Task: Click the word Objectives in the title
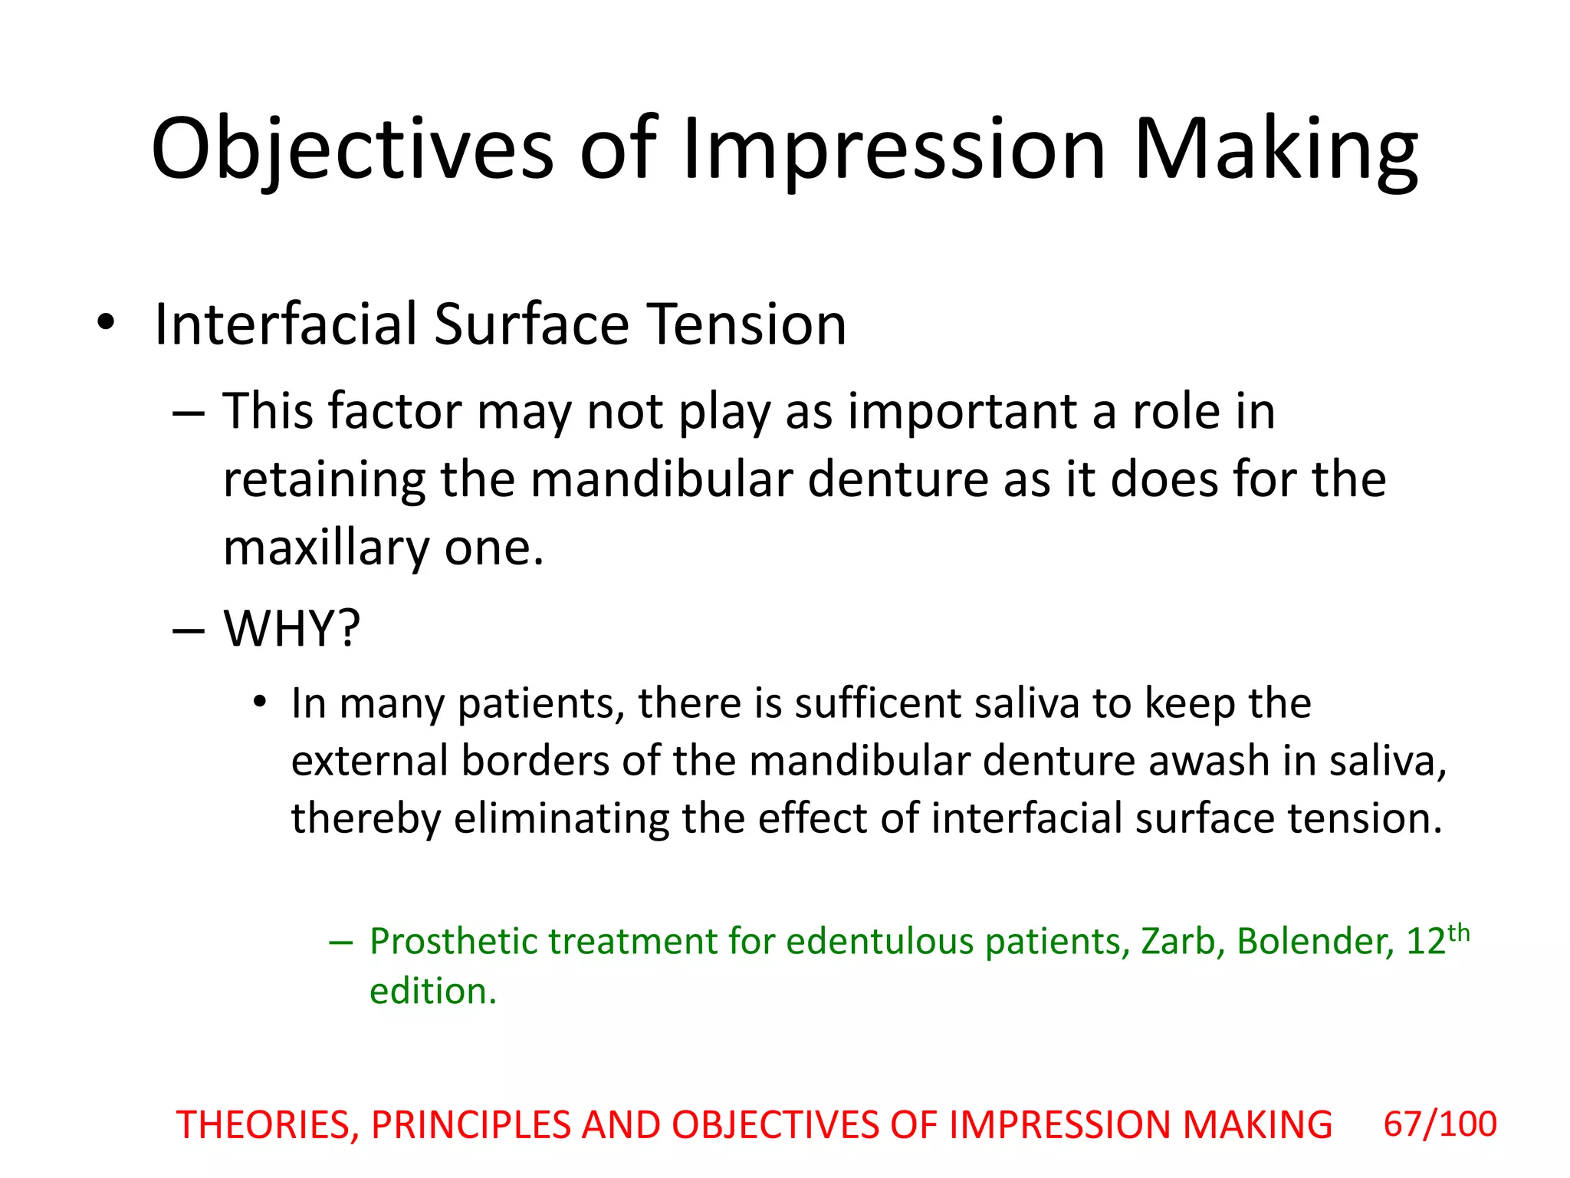(352, 150)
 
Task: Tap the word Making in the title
(1276, 150)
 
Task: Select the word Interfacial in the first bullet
(285, 324)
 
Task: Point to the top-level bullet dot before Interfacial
(106, 323)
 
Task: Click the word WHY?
(292, 629)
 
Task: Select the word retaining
(324, 481)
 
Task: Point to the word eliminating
(561, 818)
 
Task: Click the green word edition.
(432, 992)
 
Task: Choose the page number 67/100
(1440, 1124)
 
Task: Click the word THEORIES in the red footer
(268, 1126)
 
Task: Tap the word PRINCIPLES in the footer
(471, 1126)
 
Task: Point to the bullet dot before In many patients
(261, 703)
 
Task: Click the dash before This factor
(189, 413)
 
